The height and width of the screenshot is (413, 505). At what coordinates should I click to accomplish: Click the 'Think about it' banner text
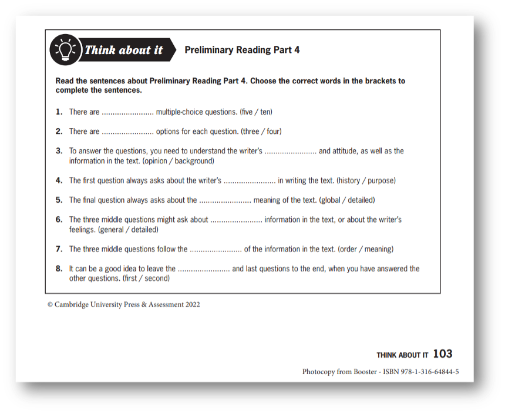pyautogui.click(x=123, y=50)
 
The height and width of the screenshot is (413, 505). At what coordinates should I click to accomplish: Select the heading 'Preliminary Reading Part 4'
pyautogui.click(x=242, y=50)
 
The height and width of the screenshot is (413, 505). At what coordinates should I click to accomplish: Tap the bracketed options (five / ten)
pyautogui.click(x=256, y=112)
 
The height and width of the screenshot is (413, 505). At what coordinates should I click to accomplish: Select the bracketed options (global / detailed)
pyautogui.click(x=346, y=200)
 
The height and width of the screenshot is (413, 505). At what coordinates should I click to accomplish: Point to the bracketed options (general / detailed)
pyautogui.click(x=128, y=229)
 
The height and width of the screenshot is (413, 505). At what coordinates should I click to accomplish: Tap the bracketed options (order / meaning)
pyautogui.click(x=365, y=249)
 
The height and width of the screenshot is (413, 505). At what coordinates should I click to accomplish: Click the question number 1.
pyautogui.click(x=59, y=112)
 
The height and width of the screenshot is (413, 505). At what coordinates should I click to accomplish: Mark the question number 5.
pyautogui.click(x=59, y=200)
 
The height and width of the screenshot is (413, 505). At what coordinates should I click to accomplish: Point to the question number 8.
pyautogui.click(x=59, y=268)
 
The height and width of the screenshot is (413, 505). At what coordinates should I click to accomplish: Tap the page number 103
pyautogui.click(x=443, y=354)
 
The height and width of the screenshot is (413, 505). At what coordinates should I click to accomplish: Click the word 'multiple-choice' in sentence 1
pyautogui.click(x=179, y=112)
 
